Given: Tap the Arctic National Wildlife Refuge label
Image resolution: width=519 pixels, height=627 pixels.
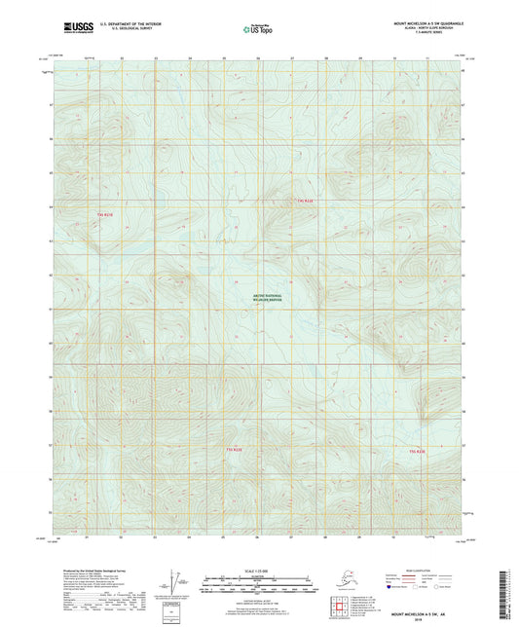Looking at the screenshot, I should tap(260, 298).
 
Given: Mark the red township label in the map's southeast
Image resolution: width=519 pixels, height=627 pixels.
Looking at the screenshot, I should tap(417, 452).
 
